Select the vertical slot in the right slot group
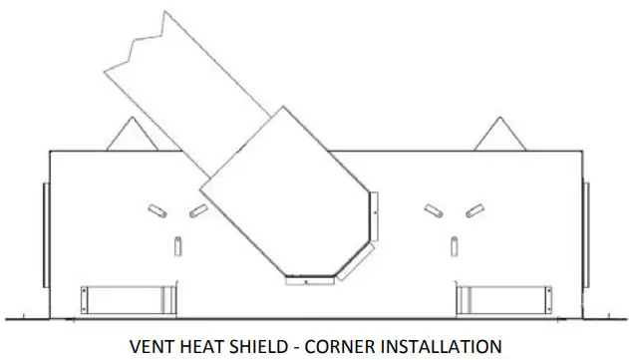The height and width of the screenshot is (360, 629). pyautogui.click(x=454, y=244)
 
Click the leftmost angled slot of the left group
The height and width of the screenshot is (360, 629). pyautogui.click(x=157, y=209)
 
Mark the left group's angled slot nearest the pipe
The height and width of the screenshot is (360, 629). pyautogui.click(x=198, y=210)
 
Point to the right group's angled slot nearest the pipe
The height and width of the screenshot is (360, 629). pyautogui.click(x=433, y=210)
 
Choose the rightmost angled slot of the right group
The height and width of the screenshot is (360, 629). pyautogui.click(x=473, y=209)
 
